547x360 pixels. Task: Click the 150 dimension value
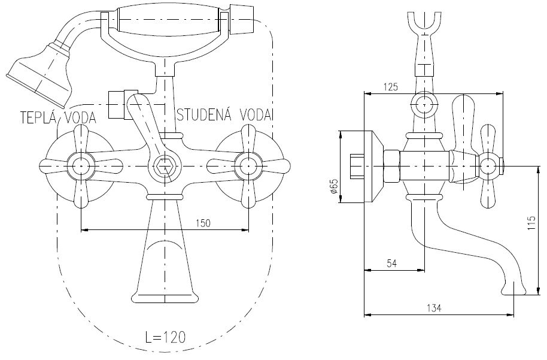pos(203,223)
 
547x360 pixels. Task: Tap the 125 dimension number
pos(390,87)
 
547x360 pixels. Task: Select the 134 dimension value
pos(434,308)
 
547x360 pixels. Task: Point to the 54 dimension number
pos(392,264)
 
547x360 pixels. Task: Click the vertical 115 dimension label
pos(531,223)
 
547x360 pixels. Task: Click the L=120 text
pos(165,337)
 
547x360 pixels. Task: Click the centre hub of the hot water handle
pos(81,166)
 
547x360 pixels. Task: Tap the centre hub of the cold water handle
pos(248,166)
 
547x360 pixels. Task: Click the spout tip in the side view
pos(513,289)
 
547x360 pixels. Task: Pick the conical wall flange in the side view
pos(373,167)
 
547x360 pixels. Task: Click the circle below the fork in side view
pos(424,105)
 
